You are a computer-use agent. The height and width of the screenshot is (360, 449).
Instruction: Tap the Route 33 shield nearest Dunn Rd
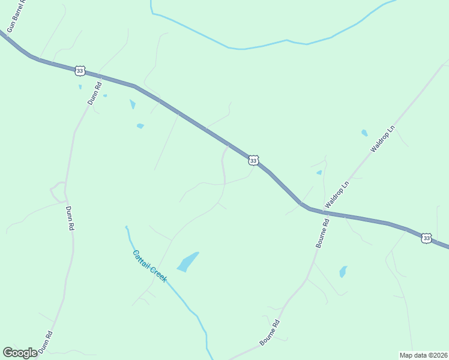[x=80, y=71]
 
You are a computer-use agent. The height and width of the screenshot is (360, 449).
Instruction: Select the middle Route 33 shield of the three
[x=253, y=160]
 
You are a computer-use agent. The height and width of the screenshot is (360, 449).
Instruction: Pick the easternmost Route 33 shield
[x=426, y=238]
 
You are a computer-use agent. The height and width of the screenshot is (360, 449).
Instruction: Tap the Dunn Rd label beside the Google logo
[x=46, y=342]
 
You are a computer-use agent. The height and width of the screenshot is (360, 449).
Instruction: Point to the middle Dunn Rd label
[x=70, y=219]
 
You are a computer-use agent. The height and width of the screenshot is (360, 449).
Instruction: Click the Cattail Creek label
[x=149, y=266]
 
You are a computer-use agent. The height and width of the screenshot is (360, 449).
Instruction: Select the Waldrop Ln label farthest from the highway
[x=384, y=139]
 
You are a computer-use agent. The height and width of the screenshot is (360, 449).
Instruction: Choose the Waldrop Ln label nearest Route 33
[x=337, y=197]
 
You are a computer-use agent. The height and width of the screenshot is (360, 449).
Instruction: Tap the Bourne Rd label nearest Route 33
[x=323, y=233]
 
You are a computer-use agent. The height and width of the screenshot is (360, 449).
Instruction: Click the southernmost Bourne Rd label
[x=270, y=332]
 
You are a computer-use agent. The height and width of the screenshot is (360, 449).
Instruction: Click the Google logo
[x=20, y=353]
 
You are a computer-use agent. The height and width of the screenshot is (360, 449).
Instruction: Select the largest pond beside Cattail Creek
[x=188, y=262]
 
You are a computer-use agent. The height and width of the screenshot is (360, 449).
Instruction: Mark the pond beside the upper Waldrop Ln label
[x=364, y=133]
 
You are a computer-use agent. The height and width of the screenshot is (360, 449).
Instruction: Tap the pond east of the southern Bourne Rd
[x=343, y=271]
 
